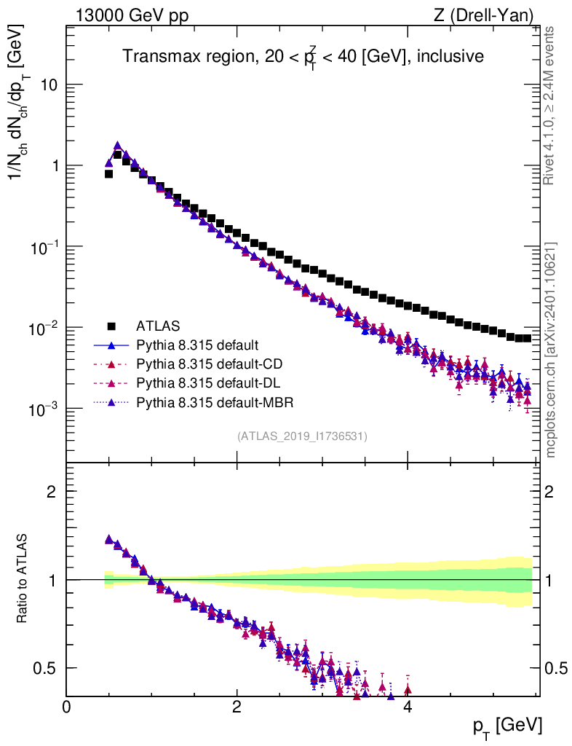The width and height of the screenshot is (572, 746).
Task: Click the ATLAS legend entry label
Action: pyautogui.click(x=158, y=326)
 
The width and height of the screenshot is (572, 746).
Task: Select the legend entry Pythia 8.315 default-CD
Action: pyautogui.click(x=206, y=364)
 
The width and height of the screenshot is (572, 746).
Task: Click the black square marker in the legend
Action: pyautogui.click(x=111, y=326)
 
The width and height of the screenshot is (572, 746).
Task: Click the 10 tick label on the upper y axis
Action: pyautogui.click(x=48, y=85)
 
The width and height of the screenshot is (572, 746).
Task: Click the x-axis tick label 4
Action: pyautogui.click(x=408, y=707)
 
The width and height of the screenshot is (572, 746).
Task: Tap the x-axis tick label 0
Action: pyautogui.click(x=67, y=707)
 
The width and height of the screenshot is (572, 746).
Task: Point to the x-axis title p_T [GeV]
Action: pyautogui.click(x=507, y=726)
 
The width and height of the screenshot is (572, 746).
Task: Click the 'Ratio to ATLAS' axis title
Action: pyautogui.click(x=23, y=579)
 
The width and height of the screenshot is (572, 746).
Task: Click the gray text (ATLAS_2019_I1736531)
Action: pyautogui.click(x=302, y=436)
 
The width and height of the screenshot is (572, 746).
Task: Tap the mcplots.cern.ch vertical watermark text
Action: pyautogui.click(x=552, y=350)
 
